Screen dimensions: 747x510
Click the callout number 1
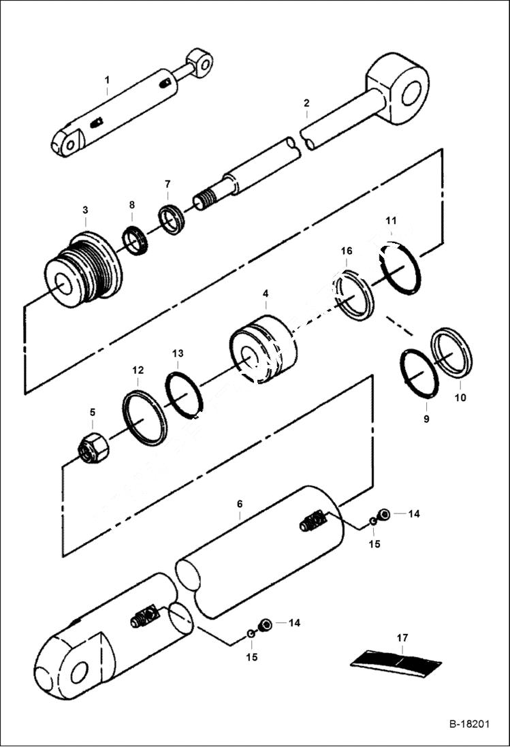[x=107, y=80]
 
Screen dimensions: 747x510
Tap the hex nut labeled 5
[x=93, y=448]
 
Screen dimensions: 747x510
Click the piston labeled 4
[x=263, y=348]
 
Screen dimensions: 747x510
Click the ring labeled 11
[x=400, y=268]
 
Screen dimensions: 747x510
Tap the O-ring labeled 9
[x=419, y=372]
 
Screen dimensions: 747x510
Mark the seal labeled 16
[x=354, y=295]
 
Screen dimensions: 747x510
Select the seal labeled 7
[x=171, y=219]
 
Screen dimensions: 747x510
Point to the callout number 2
[x=306, y=103]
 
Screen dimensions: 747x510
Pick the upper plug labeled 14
[x=384, y=515]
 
